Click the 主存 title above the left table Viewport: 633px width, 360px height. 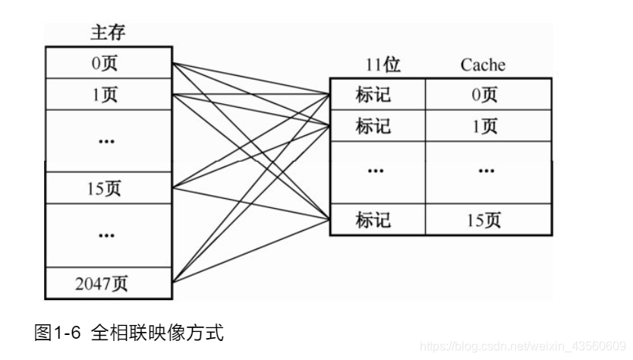(107, 33)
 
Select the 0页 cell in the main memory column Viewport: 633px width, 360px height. (107, 63)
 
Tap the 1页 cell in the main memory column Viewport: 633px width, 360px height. (107, 94)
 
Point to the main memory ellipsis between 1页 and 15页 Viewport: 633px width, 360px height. (107, 141)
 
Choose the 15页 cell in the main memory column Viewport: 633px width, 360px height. (107, 188)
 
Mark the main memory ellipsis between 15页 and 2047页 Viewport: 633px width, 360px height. (107, 235)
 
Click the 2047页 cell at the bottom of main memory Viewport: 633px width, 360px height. (107, 284)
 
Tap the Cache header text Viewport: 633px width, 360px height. (482, 65)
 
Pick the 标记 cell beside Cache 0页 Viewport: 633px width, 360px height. (377, 94)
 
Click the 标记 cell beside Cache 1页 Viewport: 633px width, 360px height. (377, 125)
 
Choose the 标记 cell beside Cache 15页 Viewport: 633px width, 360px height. (377, 219)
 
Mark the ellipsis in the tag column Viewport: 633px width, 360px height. (377, 172)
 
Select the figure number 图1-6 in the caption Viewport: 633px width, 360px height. (60, 333)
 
